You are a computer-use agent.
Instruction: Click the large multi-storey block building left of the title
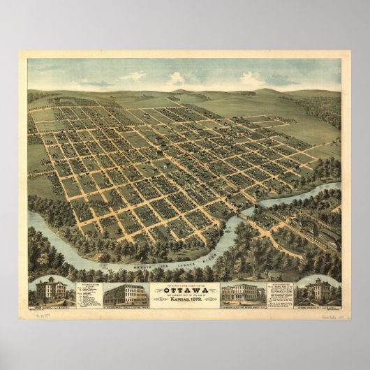124,293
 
